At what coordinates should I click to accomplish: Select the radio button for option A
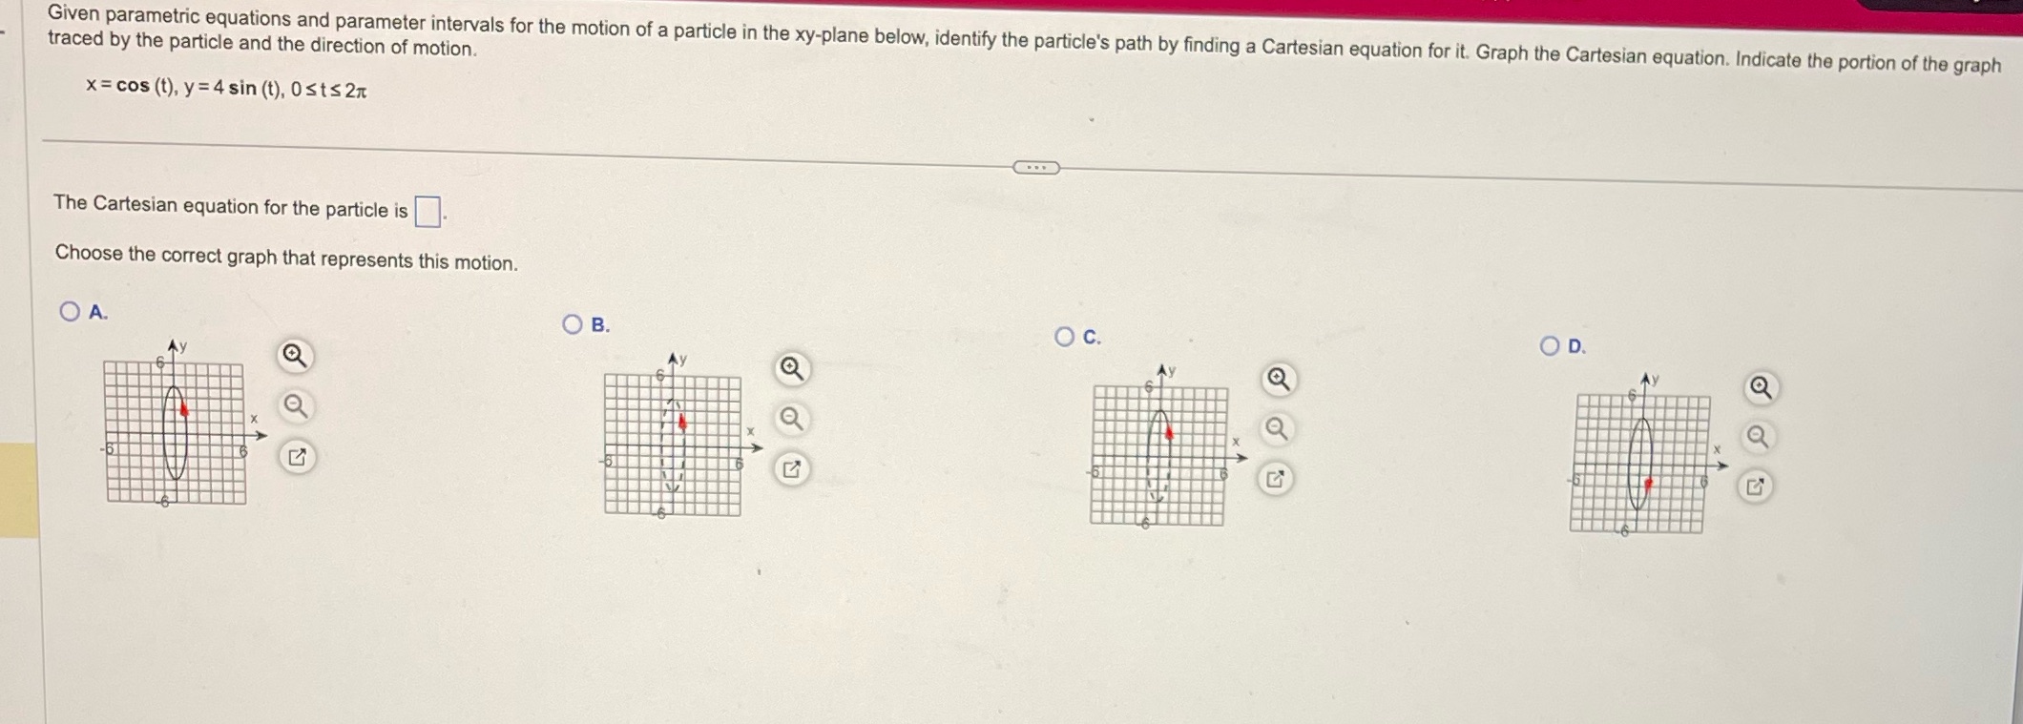click(x=70, y=311)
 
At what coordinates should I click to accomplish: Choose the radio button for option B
click(x=572, y=324)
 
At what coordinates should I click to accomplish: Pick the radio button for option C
click(x=1065, y=336)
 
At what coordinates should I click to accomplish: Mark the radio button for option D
click(x=1550, y=345)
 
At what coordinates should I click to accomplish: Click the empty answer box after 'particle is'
click(x=428, y=211)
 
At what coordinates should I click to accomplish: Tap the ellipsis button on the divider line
click(x=1035, y=168)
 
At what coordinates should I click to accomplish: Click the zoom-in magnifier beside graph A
click(x=294, y=357)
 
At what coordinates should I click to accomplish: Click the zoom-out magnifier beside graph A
click(x=296, y=407)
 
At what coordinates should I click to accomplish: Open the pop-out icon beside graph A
click(x=297, y=458)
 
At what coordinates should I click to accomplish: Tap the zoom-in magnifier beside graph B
click(x=791, y=368)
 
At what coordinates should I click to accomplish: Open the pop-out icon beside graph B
click(x=791, y=469)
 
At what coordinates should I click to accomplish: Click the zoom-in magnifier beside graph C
click(x=1278, y=380)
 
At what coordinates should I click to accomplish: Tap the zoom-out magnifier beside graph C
click(x=1276, y=429)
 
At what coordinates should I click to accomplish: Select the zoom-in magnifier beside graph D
click(x=1761, y=388)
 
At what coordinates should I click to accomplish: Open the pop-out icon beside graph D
click(x=1755, y=487)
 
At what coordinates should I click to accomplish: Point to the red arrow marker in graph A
click(x=184, y=409)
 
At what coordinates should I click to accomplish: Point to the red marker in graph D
click(x=1649, y=484)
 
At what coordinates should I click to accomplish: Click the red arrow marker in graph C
click(x=1169, y=433)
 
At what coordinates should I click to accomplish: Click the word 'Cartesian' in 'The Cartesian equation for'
click(x=135, y=205)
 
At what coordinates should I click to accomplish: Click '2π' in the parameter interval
click(x=356, y=92)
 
